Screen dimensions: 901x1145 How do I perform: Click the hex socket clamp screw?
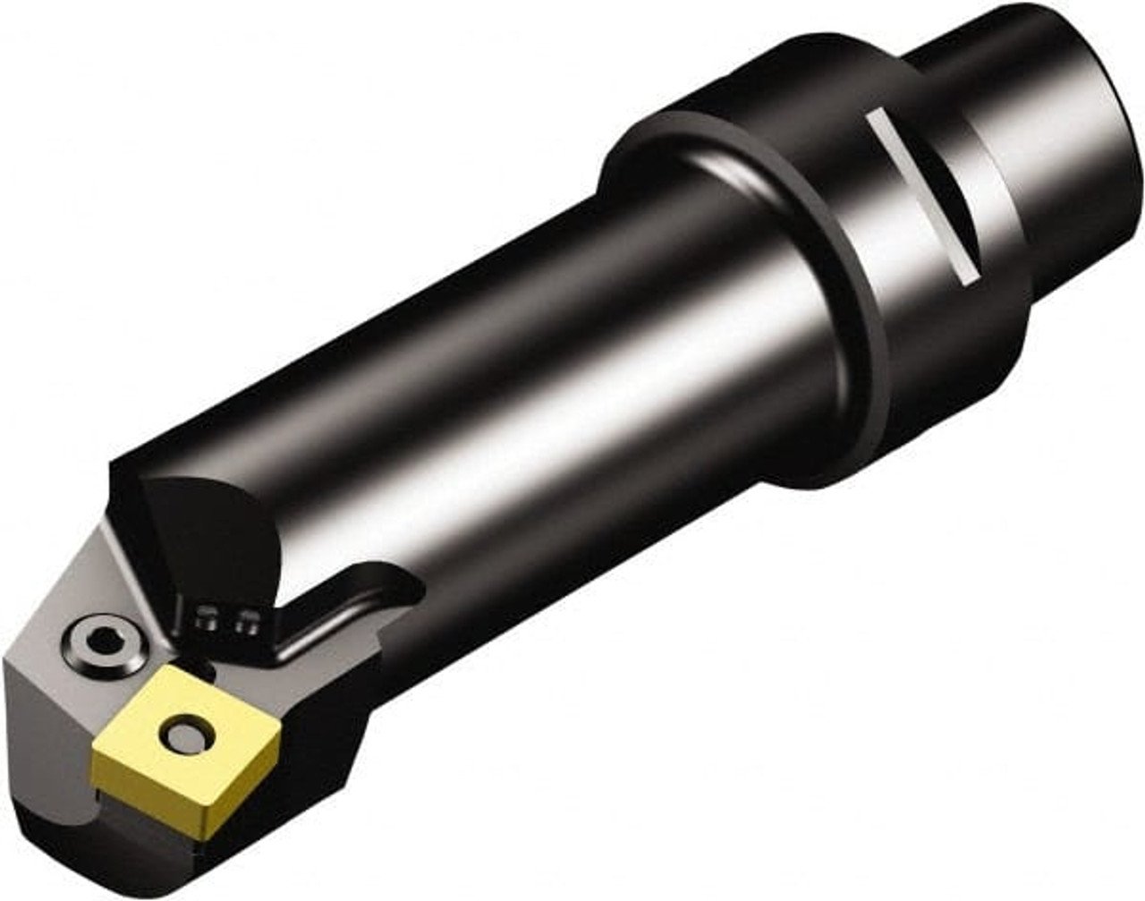point(105,641)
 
